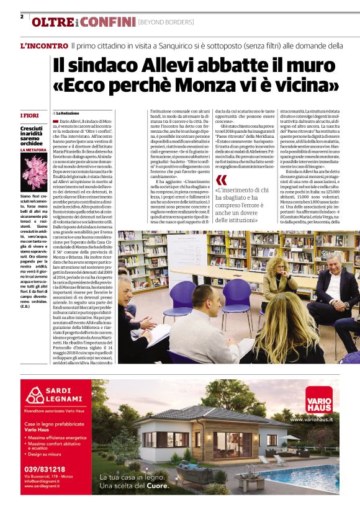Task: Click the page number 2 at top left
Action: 22,17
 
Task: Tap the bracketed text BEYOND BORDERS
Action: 166,23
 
